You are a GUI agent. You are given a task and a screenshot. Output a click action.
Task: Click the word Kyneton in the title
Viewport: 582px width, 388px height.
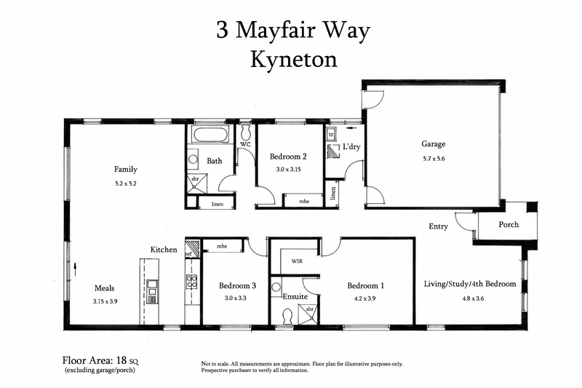(x=294, y=59)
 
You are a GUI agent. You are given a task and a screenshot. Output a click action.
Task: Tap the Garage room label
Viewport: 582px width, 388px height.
(x=433, y=144)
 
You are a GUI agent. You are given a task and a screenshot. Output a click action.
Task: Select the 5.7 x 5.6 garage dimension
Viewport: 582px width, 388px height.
(x=433, y=159)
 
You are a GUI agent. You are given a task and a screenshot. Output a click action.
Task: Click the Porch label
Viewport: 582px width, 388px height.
(x=509, y=224)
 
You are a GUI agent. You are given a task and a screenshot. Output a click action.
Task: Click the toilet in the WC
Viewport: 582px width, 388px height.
(x=246, y=132)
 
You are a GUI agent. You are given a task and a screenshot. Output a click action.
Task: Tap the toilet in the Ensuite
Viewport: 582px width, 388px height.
(x=287, y=315)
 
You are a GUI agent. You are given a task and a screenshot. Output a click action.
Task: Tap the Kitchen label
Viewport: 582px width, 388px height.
(x=164, y=250)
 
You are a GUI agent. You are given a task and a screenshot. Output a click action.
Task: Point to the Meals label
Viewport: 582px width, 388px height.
(x=105, y=288)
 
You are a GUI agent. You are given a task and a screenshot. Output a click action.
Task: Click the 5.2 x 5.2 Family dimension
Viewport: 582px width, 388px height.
(x=125, y=183)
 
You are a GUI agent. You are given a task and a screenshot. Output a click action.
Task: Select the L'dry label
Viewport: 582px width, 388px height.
(x=351, y=147)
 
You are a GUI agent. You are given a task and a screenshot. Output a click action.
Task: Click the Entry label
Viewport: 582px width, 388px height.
(x=438, y=226)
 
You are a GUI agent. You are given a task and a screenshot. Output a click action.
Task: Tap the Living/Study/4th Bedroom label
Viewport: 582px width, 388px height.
(x=470, y=284)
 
